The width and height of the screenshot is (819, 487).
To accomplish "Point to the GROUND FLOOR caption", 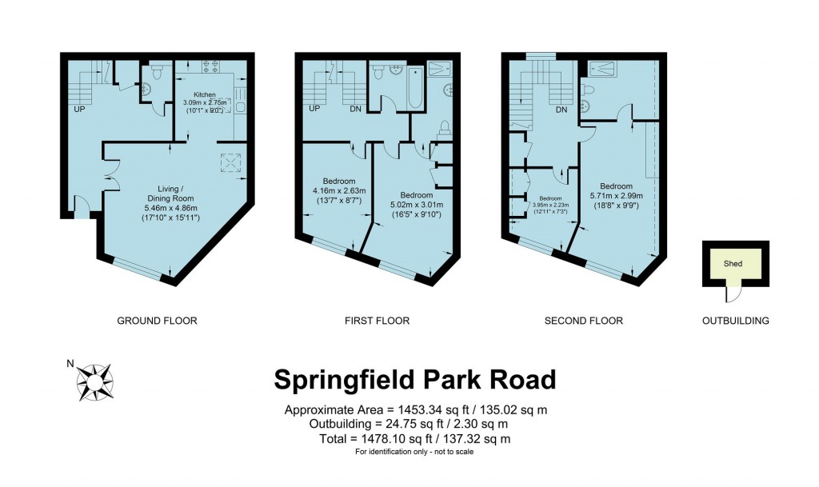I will pos(157,321).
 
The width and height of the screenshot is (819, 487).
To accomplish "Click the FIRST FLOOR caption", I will pos(377,321).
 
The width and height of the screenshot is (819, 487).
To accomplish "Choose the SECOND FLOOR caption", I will pos(583,321).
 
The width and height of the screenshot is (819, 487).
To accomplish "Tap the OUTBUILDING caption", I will pos(735,321).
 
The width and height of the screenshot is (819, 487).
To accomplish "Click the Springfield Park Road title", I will pos(414,379).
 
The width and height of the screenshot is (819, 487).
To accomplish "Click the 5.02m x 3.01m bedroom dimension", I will pos(416,205).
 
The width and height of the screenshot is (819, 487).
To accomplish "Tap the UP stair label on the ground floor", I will pos(80,108).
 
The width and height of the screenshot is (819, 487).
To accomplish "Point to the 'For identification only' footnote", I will pos(414,453).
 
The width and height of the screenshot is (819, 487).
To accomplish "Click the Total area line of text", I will pos(414,438).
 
